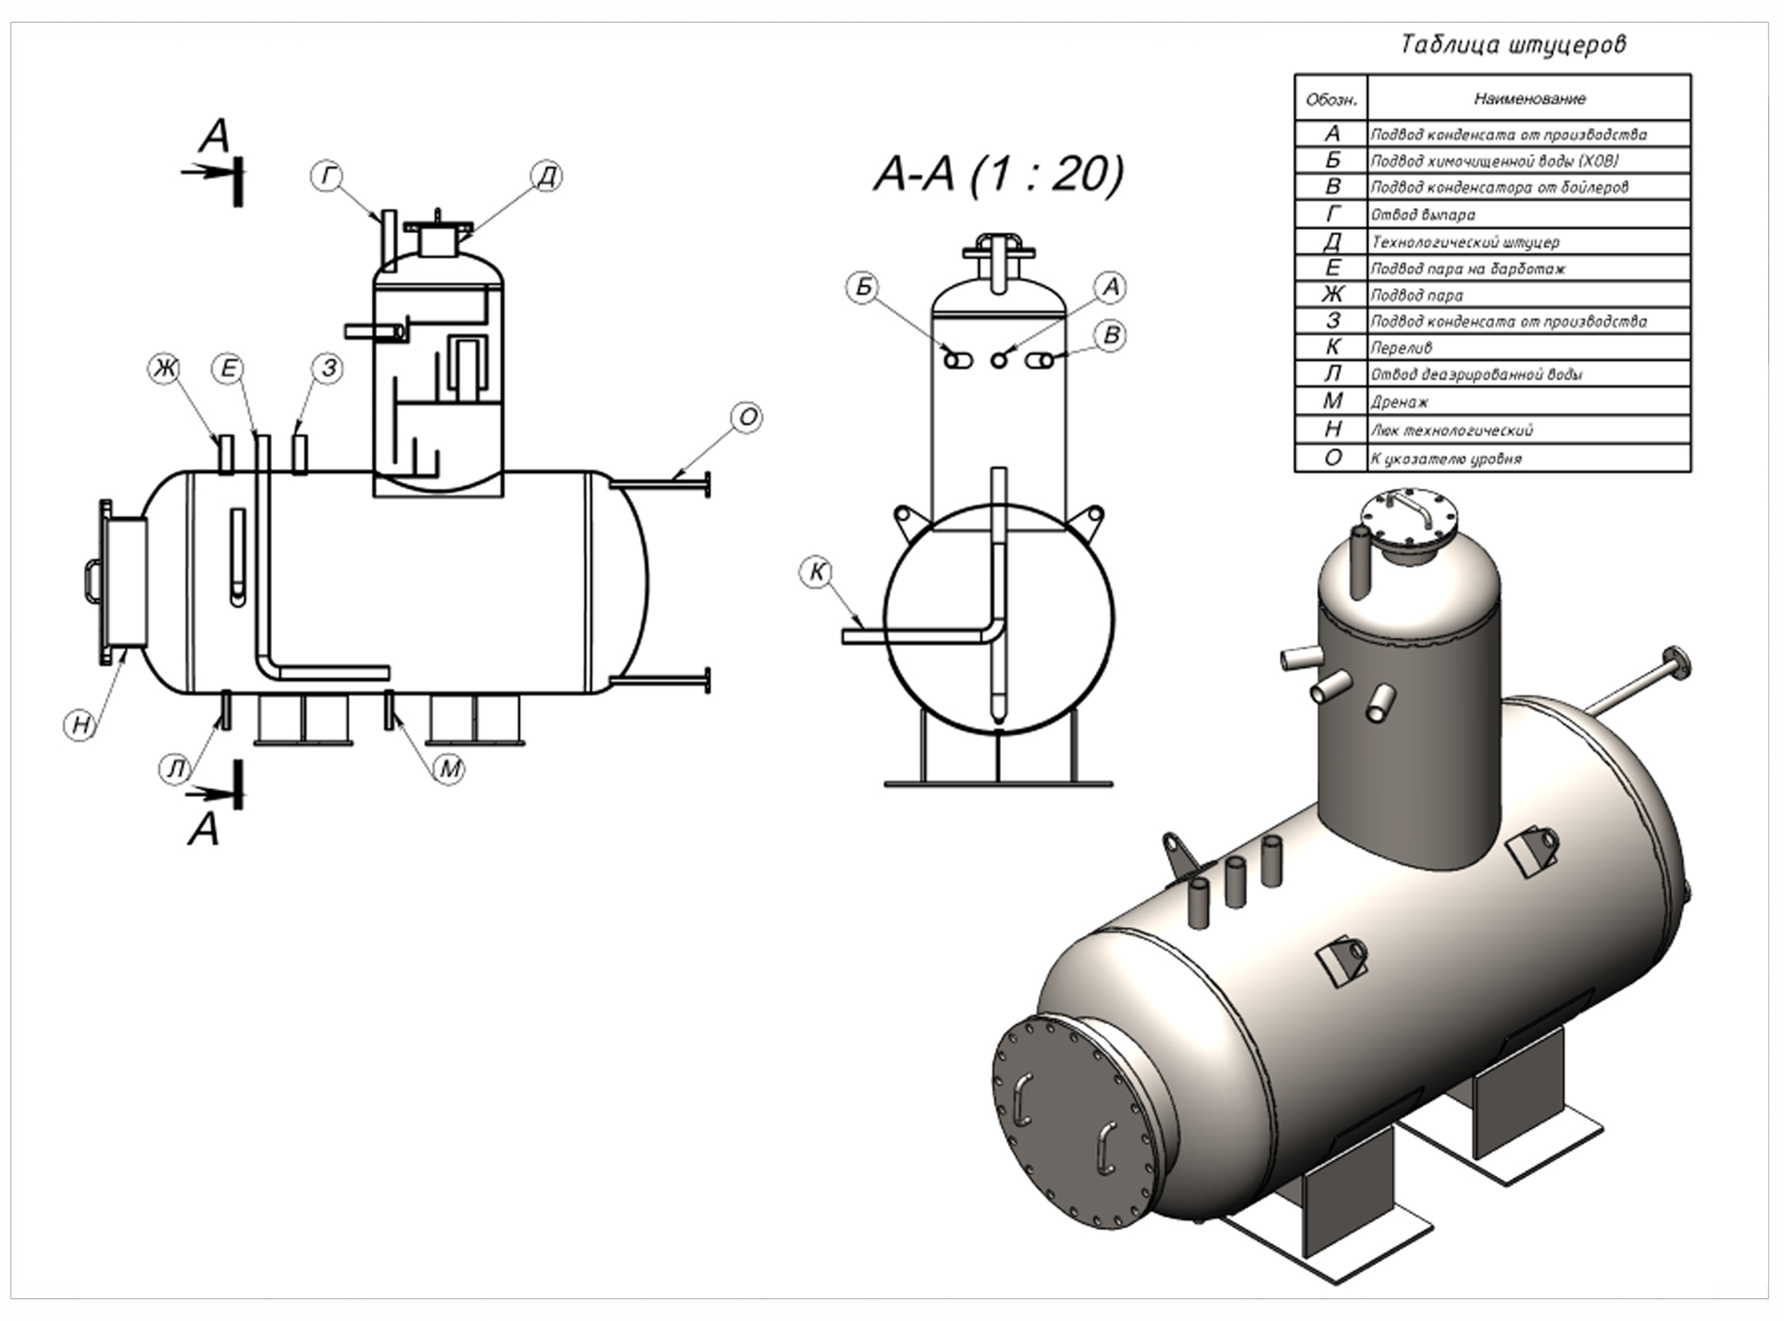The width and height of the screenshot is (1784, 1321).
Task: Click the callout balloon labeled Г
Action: click(x=327, y=177)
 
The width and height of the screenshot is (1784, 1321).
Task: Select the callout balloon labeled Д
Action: click(x=546, y=177)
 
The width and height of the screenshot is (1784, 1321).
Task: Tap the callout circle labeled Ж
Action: click(x=162, y=368)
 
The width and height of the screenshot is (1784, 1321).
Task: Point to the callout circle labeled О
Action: click(x=747, y=418)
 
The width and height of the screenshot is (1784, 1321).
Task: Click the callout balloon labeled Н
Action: click(x=81, y=725)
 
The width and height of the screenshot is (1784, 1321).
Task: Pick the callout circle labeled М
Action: click(x=449, y=768)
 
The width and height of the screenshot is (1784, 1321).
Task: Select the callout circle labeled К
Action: click(x=817, y=572)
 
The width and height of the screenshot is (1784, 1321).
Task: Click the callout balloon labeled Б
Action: click(x=863, y=287)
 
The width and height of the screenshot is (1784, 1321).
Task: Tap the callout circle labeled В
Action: click(x=1111, y=336)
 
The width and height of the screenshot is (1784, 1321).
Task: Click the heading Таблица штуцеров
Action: click(x=1512, y=44)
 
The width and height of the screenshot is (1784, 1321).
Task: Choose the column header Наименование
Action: click(x=1529, y=98)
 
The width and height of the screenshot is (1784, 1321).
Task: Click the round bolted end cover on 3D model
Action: click(x=1077, y=1124)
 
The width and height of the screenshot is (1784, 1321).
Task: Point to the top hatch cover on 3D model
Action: click(x=1409, y=522)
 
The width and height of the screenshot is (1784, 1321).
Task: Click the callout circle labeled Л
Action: click(x=177, y=768)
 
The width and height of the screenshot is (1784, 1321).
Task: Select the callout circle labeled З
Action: click(x=328, y=368)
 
